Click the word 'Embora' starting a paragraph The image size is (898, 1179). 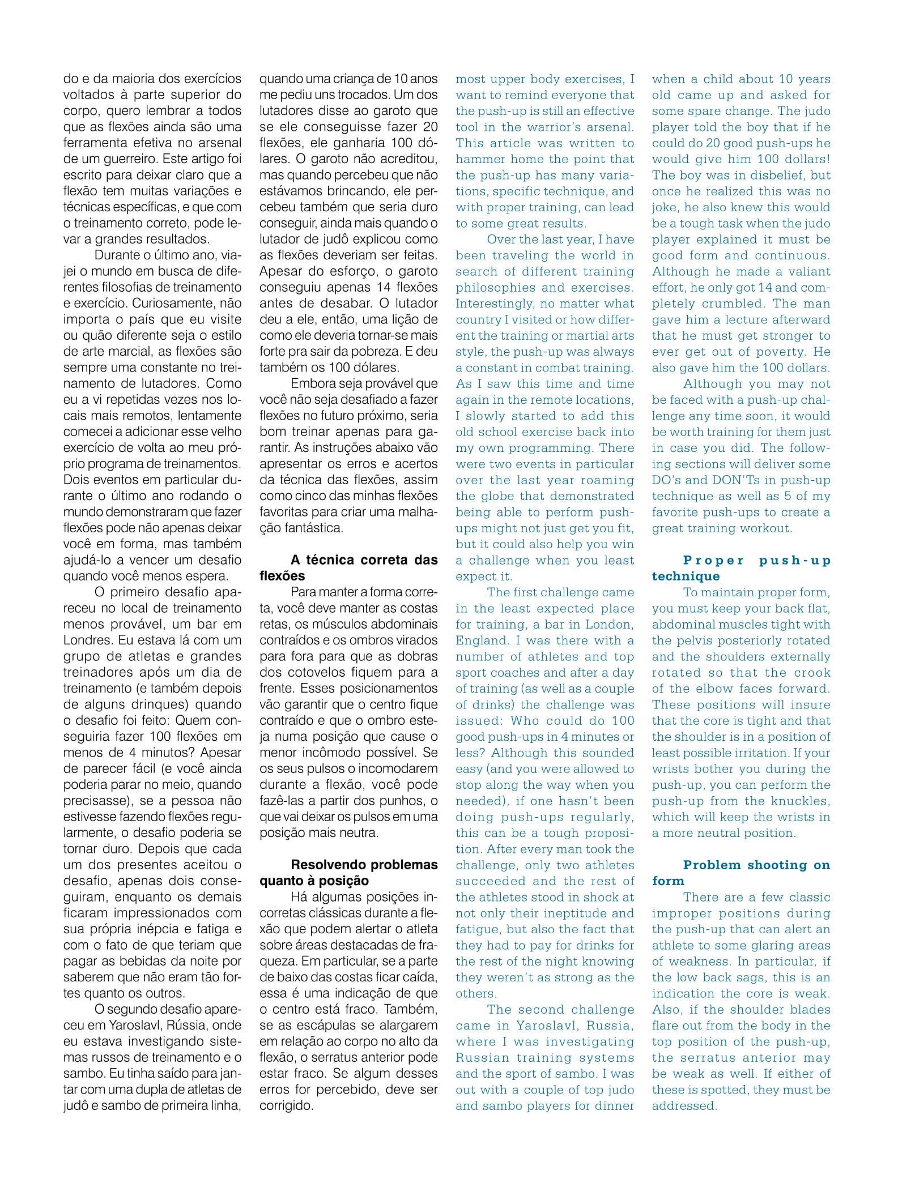pyautogui.click(x=312, y=384)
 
